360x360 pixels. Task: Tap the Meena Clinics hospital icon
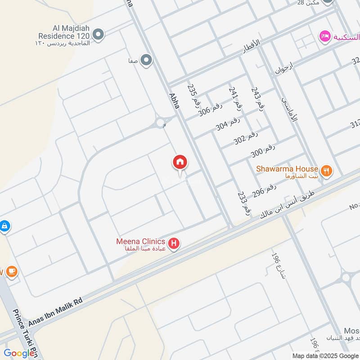174,245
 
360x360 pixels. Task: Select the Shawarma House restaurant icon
327,171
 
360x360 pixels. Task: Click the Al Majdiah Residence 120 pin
98,34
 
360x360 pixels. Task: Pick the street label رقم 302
246,137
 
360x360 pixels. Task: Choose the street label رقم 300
263,150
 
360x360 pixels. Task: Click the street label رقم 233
243,203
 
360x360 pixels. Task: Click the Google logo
19,353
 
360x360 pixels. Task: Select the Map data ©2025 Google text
325,355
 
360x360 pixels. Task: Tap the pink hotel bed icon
324,36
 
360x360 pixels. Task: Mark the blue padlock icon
4,226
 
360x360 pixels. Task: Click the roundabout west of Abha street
160,123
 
